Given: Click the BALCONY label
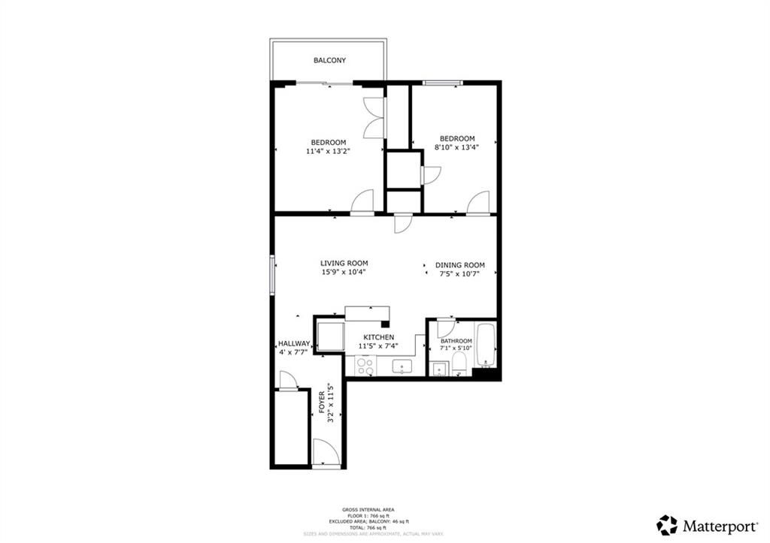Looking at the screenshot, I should click(329, 60).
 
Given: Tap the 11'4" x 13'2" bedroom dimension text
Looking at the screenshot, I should click(328, 151).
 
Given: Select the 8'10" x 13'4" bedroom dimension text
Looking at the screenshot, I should click(456, 147).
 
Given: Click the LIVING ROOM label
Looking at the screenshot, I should click(344, 263).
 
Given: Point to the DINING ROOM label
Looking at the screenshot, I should click(459, 265).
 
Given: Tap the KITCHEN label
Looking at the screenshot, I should click(379, 337).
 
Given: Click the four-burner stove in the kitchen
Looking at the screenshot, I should click(365, 366).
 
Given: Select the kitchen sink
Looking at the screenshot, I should click(403, 367).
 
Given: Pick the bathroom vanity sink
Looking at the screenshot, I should click(437, 368).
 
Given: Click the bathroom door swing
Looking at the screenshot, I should click(445, 328).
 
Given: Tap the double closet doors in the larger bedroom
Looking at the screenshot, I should click(374, 118).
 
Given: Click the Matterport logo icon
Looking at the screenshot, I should click(666, 524).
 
